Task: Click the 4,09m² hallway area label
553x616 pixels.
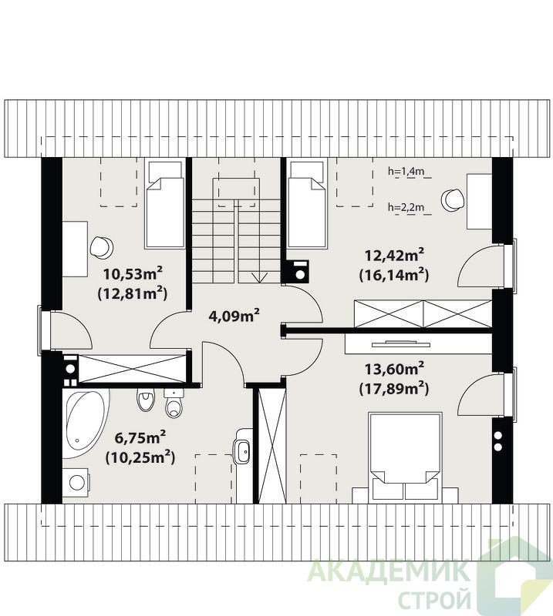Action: (x=234, y=316)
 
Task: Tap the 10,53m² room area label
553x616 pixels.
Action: (x=133, y=274)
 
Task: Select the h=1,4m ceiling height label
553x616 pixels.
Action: (x=406, y=171)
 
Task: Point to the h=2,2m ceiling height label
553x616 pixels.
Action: (x=406, y=207)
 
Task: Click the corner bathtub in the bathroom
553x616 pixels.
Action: (x=85, y=423)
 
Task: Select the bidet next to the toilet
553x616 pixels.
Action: (x=145, y=400)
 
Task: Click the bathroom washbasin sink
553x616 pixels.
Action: (x=242, y=447)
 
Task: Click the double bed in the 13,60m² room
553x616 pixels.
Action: (x=405, y=457)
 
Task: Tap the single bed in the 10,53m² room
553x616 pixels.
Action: (x=165, y=203)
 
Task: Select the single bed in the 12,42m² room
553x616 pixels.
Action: (x=308, y=203)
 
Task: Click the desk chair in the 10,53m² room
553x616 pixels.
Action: (x=102, y=247)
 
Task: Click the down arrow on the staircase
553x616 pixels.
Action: (x=258, y=277)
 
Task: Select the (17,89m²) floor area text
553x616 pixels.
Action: (x=393, y=389)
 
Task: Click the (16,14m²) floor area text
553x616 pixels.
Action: (x=393, y=275)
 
